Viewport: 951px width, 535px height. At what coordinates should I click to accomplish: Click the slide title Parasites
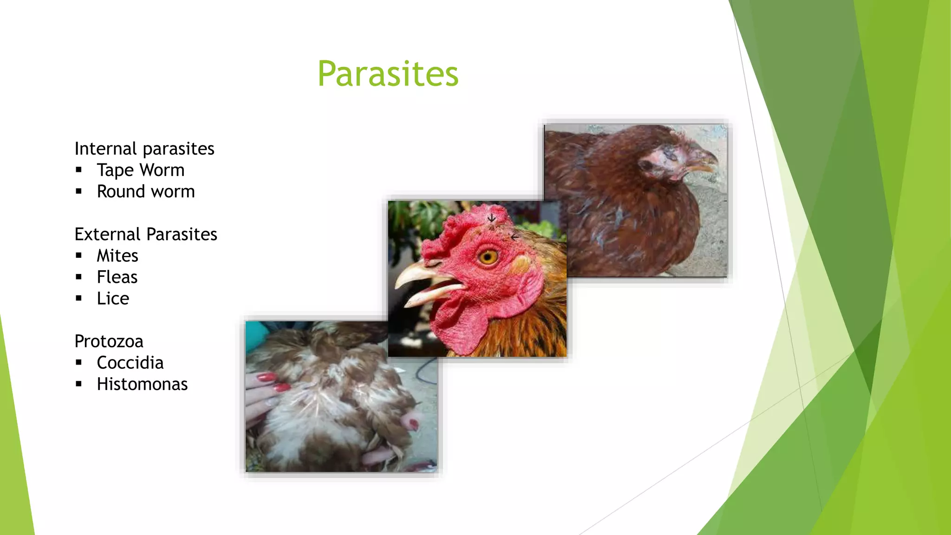tap(388, 74)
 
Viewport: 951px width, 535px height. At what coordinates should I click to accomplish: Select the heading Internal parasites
tap(144, 149)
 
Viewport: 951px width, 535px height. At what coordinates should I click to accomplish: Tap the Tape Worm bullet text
tap(140, 170)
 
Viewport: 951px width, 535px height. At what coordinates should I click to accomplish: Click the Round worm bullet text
tap(145, 192)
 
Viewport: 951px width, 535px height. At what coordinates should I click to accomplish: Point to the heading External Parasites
tap(146, 235)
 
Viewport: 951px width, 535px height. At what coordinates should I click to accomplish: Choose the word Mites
tap(117, 256)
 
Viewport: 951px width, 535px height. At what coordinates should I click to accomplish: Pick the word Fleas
tap(117, 277)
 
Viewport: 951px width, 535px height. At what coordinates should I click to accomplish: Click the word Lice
tap(113, 299)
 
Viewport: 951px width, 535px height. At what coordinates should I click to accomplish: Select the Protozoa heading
tap(109, 341)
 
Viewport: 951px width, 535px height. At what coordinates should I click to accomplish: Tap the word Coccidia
tap(130, 363)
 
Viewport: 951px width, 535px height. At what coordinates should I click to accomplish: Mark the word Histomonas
tap(142, 384)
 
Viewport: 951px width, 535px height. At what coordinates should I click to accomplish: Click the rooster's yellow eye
tap(489, 256)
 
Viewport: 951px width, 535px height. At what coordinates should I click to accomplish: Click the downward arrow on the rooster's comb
tap(492, 218)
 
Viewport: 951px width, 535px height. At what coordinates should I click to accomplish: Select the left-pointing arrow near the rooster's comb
tap(514, 237)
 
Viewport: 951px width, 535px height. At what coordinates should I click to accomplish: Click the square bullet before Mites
tap(79, 255)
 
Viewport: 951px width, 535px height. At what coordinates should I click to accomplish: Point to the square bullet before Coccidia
tap(79, 363)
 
